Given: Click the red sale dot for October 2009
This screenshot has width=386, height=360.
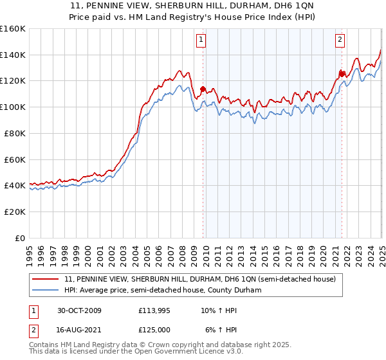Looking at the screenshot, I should [203, 89].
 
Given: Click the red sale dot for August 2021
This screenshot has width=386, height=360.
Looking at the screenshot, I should [342, 74].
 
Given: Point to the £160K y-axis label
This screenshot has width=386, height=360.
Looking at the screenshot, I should [13, 29].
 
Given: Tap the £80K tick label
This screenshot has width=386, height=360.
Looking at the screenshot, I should [15, 133].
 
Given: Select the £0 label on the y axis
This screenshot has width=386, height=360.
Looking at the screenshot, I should [20, 238].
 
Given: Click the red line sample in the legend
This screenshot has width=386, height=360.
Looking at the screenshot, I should [46, 279].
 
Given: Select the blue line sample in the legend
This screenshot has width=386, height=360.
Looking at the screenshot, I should [46, 291].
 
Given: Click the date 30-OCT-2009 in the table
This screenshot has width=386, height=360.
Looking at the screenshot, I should [78, 310].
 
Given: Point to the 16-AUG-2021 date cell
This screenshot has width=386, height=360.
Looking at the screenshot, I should [78, 329].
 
